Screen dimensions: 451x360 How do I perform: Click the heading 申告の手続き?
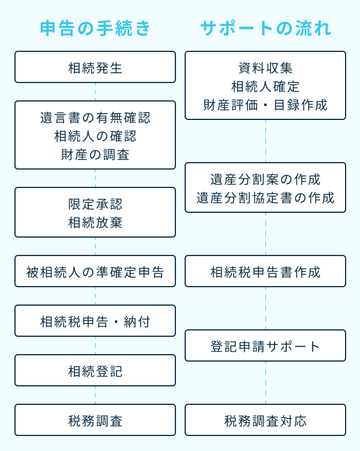point(95,28)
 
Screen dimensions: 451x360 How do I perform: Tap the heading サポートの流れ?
point(265,28)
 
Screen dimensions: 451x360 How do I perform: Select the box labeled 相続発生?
point(95,67)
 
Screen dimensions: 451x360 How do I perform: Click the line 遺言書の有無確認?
point(95,118)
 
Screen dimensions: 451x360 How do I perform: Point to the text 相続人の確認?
point(95,136)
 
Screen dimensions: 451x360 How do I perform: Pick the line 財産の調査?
point(95,154)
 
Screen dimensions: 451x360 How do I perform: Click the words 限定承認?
point(95,204)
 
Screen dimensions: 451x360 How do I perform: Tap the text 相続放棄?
point(95,222)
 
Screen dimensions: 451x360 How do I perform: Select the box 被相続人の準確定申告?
point(95,272)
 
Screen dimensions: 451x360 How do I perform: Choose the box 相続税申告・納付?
point(95,321)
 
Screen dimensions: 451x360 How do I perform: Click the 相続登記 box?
point(95,371)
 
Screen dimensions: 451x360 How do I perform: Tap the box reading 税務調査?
point(95,420)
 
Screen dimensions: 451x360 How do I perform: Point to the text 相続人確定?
point(265,87)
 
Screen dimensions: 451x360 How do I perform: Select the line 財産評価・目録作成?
point(265,104)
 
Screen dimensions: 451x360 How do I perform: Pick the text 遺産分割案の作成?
point(265,179)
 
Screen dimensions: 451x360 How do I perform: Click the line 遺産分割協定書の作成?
point(265,197)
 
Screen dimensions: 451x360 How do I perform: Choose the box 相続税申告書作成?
point(265,272)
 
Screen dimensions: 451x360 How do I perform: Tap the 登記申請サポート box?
point(265,346)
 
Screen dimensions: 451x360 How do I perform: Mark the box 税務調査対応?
point(265,420)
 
